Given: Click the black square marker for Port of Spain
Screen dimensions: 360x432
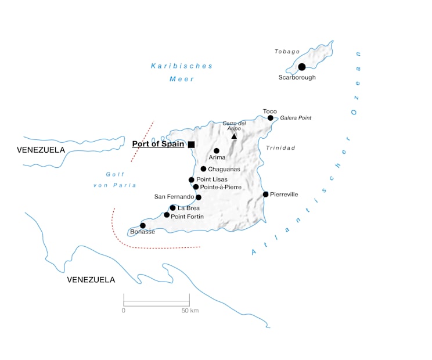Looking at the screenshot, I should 191,144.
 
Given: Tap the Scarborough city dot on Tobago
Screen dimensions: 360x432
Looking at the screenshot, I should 301,67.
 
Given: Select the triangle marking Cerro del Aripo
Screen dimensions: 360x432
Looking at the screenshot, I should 234,136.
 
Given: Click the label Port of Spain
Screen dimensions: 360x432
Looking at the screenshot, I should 158,144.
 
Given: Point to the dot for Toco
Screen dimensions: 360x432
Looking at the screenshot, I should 270,118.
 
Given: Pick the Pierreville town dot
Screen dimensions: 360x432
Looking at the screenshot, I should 265,194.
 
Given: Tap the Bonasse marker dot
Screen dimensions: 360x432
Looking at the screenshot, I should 143,225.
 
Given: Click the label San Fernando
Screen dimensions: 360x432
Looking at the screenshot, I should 174,197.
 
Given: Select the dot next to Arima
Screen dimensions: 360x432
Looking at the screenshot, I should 217,150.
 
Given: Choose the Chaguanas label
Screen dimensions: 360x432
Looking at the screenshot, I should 224,169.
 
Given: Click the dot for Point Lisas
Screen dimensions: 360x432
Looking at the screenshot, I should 191,179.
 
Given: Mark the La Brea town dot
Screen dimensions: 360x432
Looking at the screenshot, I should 172,207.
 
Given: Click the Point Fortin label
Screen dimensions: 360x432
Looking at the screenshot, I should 187,216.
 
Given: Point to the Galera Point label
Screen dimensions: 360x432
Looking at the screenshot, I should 296,118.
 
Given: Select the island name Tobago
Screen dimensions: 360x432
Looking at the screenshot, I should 287,52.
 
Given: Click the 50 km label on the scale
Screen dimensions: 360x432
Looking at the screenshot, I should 190,311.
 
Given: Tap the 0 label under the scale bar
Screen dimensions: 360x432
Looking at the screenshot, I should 124,311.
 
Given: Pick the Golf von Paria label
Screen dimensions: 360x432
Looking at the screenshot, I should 115,179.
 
